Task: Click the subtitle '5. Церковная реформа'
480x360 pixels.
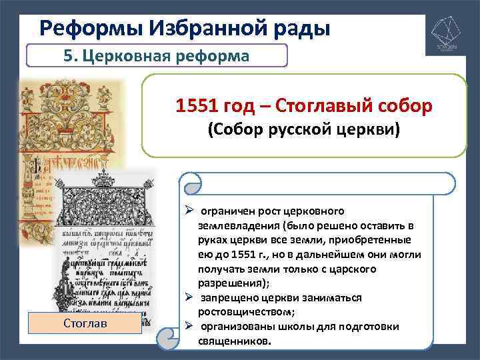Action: coord(156,56)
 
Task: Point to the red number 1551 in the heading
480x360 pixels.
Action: coord(199,105)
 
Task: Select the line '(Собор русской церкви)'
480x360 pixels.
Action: coord(303,129)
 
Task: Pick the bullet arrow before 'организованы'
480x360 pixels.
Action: coord(189,326)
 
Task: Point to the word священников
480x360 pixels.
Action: coord(235,341)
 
